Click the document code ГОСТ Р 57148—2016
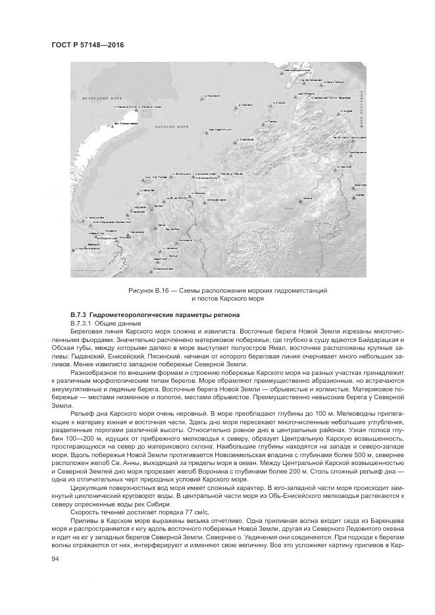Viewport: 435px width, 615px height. point(88,45)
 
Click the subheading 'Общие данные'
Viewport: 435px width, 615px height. point(109,325)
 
